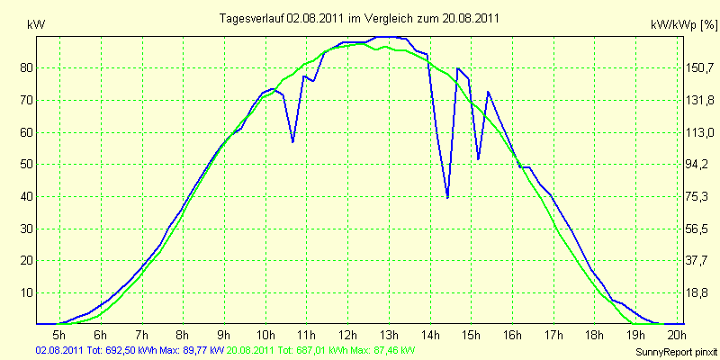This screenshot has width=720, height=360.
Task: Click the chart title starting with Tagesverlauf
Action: (x=359, y=18)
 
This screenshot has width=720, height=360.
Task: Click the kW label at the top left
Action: (x=36, y=25)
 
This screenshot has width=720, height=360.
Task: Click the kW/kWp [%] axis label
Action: (x=684, y=25)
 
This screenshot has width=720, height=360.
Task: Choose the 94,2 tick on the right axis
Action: (x=696, y=164)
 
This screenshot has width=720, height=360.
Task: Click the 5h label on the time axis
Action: (x=59, y=334)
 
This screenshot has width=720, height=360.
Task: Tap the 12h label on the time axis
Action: (x=347, y=334)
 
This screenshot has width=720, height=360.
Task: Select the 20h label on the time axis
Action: (x=677, y=334)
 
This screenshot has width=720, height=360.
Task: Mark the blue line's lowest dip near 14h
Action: (x=447, y=197)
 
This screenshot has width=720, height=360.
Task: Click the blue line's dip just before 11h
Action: (x=292, y=142)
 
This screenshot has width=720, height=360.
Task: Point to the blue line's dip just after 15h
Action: (x=479, y=159)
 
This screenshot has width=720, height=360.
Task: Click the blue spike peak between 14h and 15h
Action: (x=457, y=68)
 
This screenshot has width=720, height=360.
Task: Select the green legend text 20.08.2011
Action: (x=250, y=350)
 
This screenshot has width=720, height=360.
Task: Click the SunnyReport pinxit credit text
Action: (x=676, y=352)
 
